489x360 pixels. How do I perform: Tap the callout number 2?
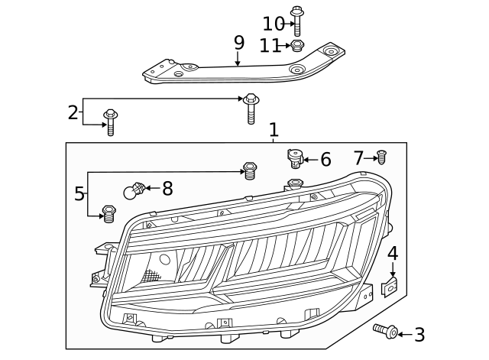click(x=73, y=113)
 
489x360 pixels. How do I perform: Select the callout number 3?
click(x=419, y=334)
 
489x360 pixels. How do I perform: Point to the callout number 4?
click(x=393, y=253)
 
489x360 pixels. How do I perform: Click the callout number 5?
click(x=79, y=193)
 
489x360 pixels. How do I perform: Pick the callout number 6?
click(x=325, y=160)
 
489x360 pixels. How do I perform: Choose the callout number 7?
click(x=359, y=158)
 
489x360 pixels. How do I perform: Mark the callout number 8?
click(x=167, y=187)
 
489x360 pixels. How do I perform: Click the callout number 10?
click(x=273, y=24)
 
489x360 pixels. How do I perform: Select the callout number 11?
click(x=270, y=46)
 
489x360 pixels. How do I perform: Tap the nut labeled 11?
click(x=298, y=46)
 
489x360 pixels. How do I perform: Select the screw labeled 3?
click(x=387, y=331)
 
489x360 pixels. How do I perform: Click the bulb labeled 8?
click(x=133, y=191)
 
